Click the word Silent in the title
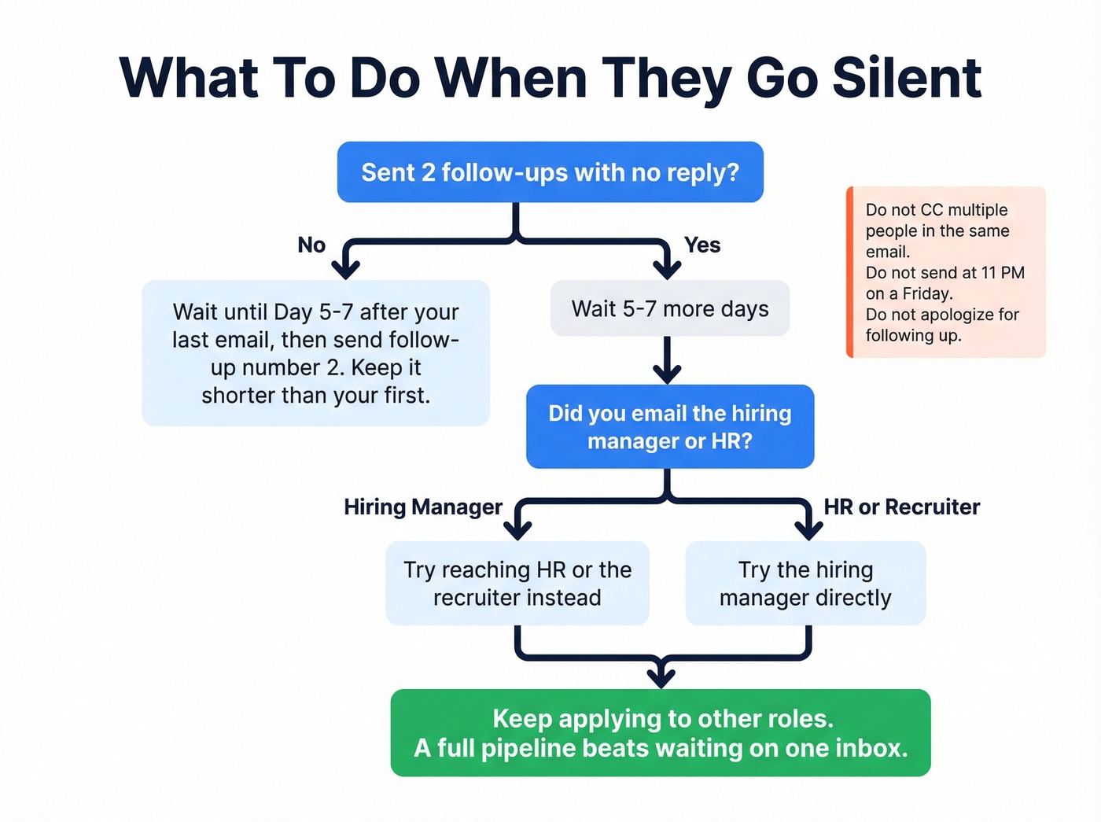(906, 79)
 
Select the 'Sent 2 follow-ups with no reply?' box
(550, 172)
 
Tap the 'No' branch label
(311, 245)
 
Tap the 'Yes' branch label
(701, 245)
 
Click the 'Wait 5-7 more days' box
(669, 309)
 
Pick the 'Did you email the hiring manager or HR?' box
(669, 427)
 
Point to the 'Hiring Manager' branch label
(422, 507)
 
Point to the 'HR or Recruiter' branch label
(901, 507)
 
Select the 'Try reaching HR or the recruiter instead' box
(517, 584)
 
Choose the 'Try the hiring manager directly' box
(805, 584)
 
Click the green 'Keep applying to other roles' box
(661, 733)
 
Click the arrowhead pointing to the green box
(661, 676)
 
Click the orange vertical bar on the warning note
(850, 272)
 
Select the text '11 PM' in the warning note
(1003, 273)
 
